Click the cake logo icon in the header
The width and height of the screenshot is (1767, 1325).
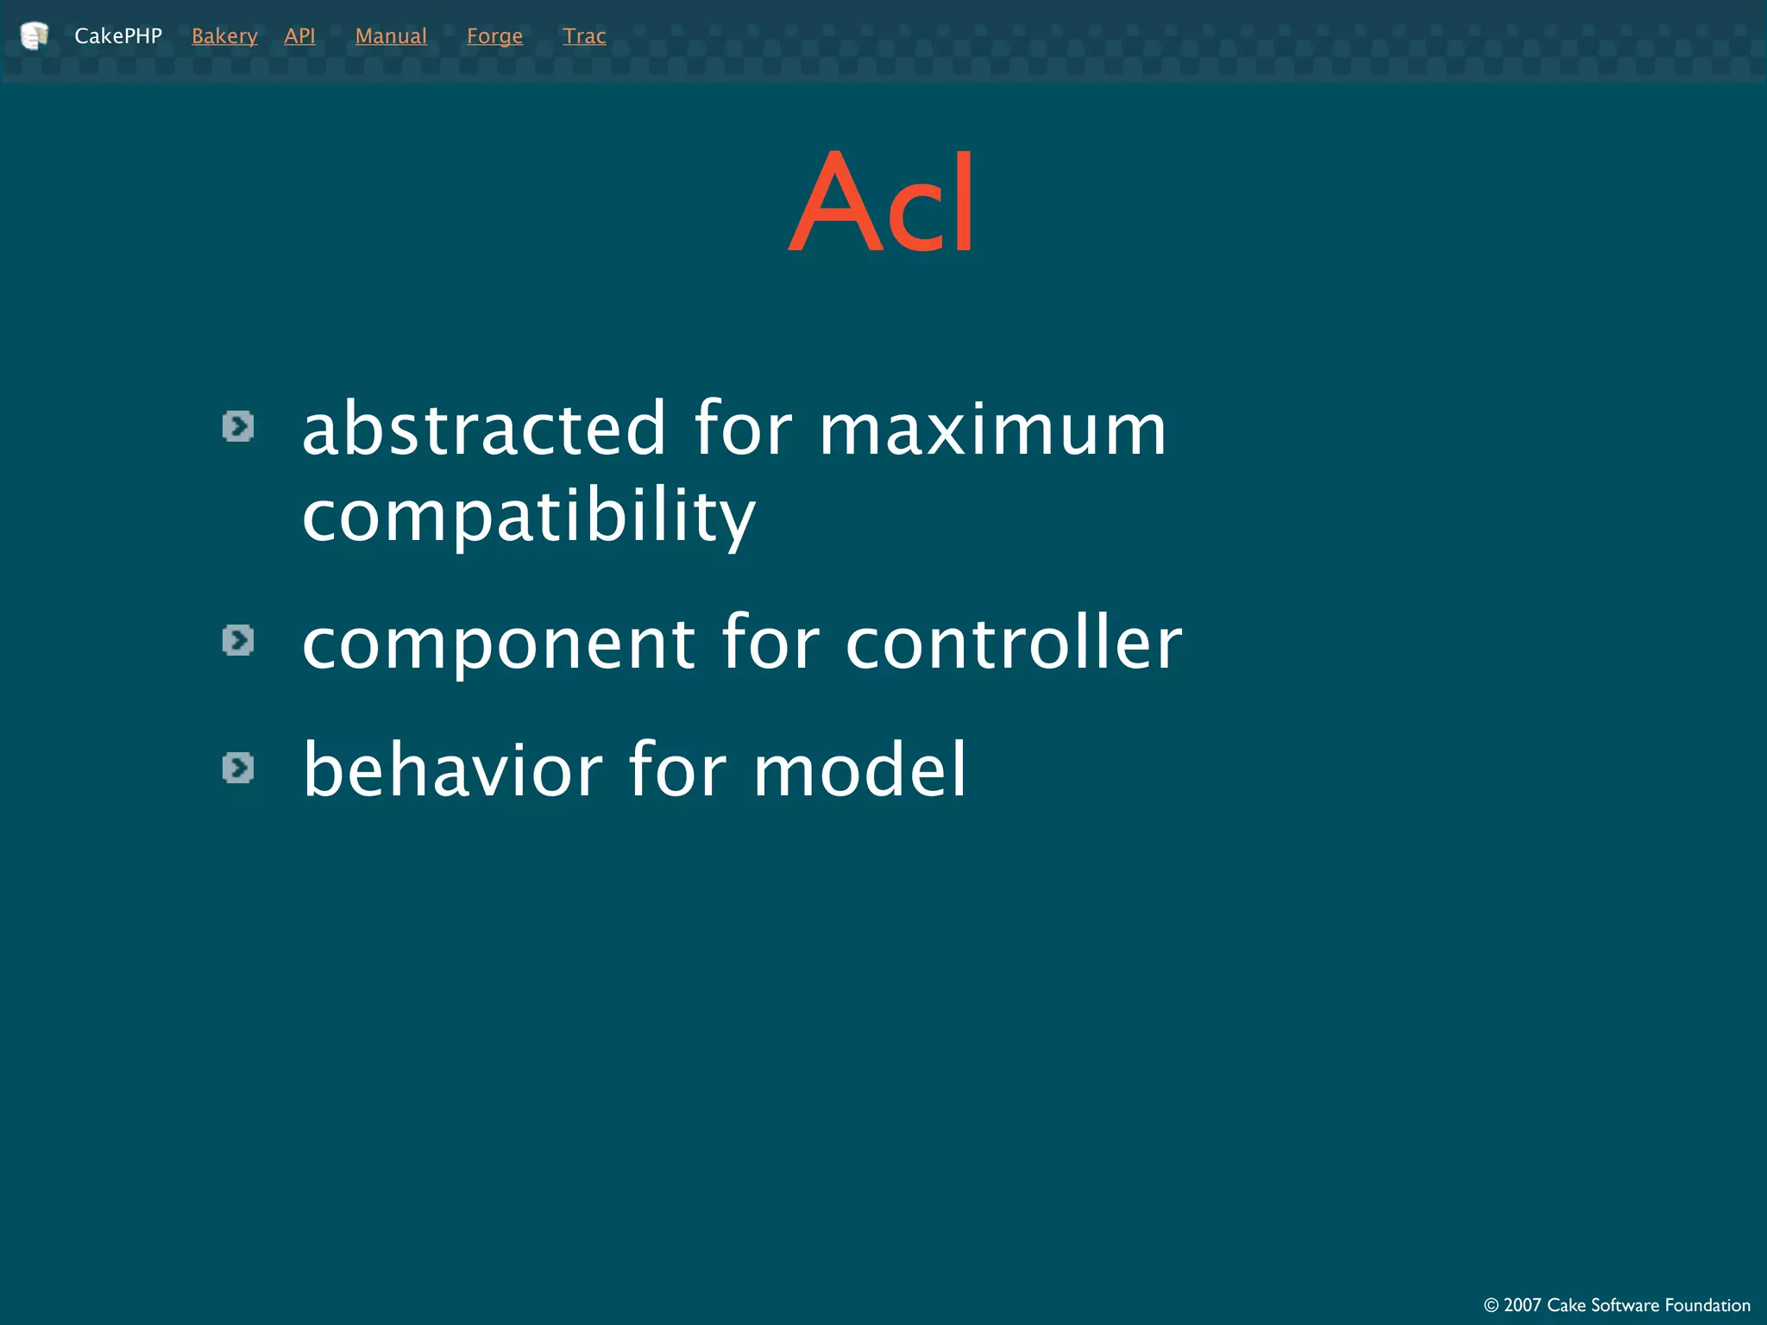[x=34, y=35]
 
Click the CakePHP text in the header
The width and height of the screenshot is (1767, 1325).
[x=118, y=36]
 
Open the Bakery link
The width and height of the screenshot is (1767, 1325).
[x=224, y=36]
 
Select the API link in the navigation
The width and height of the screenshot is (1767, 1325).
[x=299, y=36]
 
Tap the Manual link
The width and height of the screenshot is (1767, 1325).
[x=391, y=36]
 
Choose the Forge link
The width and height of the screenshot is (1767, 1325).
[x=494, y=36]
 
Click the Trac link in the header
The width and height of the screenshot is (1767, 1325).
[x=584, y=36]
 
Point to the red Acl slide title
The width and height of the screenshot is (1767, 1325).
[x=883, y=204]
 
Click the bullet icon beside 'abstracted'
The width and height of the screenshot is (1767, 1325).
[x=238, y=426]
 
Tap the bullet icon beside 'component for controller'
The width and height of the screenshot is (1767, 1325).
[x=238, y=640]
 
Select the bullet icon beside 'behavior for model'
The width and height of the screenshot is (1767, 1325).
[x=238, y=768]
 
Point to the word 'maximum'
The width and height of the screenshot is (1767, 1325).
[x=992, y=430]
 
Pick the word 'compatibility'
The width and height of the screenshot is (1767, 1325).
[x=528, y=516]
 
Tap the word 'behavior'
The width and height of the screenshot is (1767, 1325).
[x=453, y=769]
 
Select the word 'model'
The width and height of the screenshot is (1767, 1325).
[x=859, y=769]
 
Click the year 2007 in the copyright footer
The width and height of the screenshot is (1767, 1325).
[x=1521, y=1305]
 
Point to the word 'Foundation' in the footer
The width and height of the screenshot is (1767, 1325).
[x=1707, y=1305]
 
